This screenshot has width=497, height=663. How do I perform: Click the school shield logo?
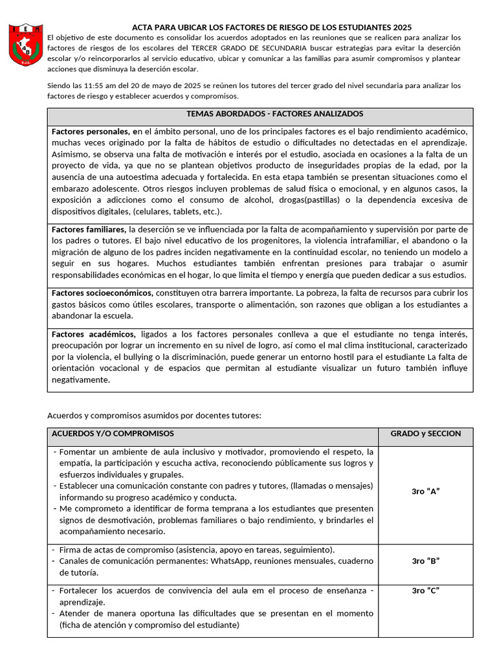pos(25,45)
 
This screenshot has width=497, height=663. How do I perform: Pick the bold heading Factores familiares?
pos(89,229)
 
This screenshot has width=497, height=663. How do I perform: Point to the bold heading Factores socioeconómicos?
pos(102,293)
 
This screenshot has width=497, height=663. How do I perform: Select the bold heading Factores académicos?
pos(94,333)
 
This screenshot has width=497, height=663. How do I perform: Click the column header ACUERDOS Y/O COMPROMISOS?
pos(113,433)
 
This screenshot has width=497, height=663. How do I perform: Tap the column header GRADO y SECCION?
pos(425,433)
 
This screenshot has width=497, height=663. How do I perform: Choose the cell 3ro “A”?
pos(425,491)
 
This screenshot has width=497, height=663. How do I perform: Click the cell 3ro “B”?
pos(425,561)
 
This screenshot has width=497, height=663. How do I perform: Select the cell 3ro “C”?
pos(425,590)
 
